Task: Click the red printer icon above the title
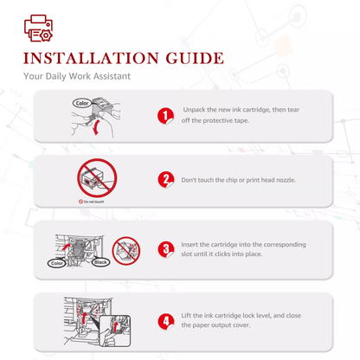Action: click(38, 29)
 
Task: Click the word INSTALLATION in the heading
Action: click(91, 58)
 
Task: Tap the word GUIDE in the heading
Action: click(195, 58)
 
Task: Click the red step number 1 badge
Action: click(165, 116)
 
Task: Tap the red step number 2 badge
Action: click(166, 180)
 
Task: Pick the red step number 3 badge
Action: click(166, 249)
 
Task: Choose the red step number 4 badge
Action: click(166, 321)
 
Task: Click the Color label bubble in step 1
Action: click(82, 103)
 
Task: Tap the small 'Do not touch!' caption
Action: click(92, 202)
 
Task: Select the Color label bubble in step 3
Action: click(56, 263)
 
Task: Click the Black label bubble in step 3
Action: click(100, 262)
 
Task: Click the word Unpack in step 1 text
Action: click(195, 110)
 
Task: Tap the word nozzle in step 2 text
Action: click(286, 180)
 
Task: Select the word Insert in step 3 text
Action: click(190, 245)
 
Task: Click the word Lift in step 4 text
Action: click(186, 315)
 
